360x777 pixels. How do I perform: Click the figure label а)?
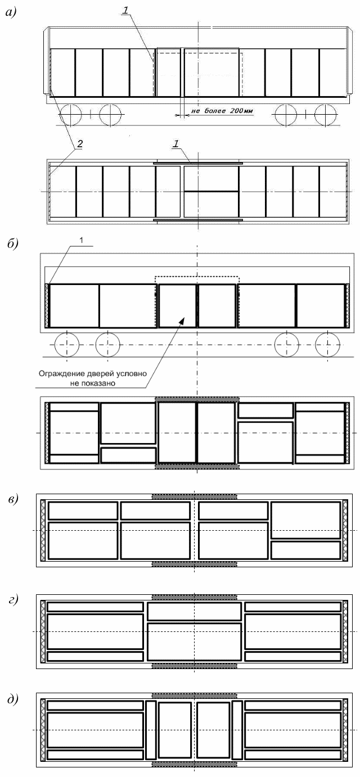tap(11, 13)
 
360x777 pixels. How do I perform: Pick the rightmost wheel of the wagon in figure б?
tap(327, 344)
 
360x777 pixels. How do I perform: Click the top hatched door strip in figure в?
tap(195, 496)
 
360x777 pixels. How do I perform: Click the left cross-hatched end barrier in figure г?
tap(42, 631)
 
